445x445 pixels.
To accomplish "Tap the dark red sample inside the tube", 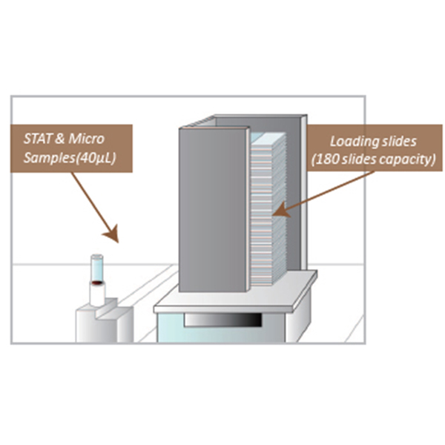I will pyautogui.click(x=97, y=283).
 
